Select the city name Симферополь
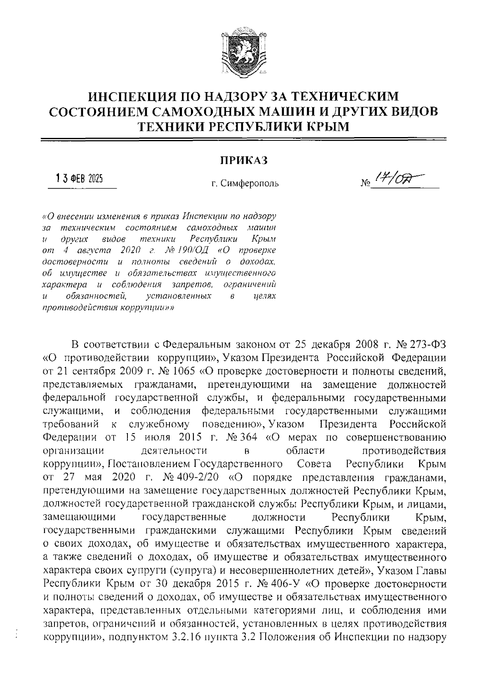pyautogui.click(x=249, y=183)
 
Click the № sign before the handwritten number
pyautogui.click(x=365, y=183)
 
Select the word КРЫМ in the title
pyautogui.click(x=326, y=126)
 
